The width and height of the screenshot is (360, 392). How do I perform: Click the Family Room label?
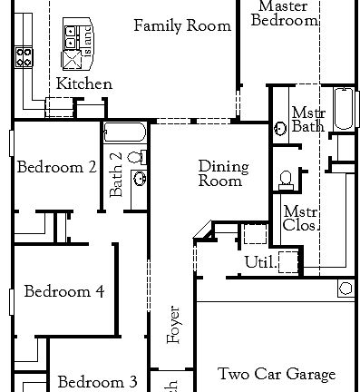[182, 25]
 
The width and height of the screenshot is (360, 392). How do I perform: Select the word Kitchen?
[84, 83]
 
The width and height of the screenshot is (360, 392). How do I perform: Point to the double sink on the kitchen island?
[70, 36]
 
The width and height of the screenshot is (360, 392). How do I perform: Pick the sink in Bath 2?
[139, 178]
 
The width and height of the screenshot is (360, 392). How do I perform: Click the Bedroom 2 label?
[56, 166]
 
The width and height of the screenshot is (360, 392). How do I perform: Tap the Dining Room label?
[220, 173]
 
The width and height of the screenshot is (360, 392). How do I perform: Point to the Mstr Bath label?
[307, 120]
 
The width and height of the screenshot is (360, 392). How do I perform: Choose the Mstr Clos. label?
[300, 219]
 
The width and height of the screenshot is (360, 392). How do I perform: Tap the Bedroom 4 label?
[63, 291]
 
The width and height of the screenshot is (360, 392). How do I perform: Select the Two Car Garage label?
[277, 374]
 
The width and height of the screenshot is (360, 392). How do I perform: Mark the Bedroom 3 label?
[98, 382]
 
